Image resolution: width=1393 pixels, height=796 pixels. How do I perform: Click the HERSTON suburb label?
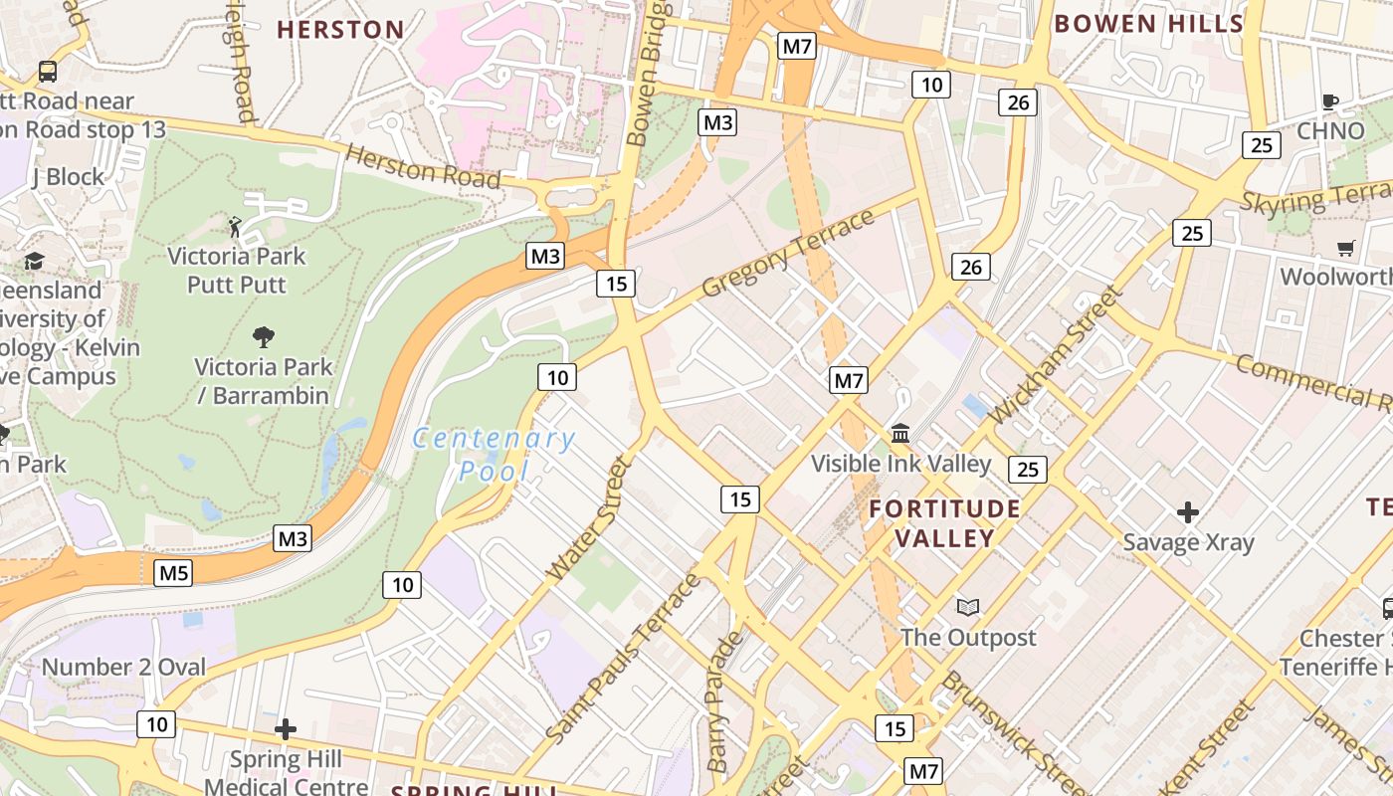tap(340, 30)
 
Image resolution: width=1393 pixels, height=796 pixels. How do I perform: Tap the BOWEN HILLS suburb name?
tap(1148, 24)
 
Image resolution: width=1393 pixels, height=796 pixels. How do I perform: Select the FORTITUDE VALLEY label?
tap(944, 523)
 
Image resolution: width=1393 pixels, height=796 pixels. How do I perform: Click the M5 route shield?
tap(173, 573)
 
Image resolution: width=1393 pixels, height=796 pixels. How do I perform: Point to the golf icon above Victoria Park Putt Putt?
tap(235, 226)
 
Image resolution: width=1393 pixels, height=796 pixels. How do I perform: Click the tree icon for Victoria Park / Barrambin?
tap(264, 336)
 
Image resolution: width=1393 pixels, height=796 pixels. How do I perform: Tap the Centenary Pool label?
tap(494, 453)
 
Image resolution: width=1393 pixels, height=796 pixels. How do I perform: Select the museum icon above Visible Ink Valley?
tap(901, 433)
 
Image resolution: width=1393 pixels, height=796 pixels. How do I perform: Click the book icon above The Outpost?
tap(967, 607)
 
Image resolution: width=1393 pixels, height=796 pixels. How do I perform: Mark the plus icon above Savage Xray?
tap(1188, 512)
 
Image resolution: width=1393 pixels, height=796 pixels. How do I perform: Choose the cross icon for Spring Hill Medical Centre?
tap(286, 729)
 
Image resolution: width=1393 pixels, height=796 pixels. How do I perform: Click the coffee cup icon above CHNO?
tap(1330, 100)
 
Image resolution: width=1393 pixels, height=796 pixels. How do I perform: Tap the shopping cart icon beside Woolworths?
tap(1345, 248)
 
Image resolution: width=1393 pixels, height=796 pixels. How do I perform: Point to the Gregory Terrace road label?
tap(787, 253)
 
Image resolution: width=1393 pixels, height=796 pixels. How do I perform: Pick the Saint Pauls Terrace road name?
tap(624, 658)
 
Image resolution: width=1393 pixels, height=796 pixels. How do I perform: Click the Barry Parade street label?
tap(723, 702)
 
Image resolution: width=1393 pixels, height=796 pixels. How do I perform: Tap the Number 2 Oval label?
tap(123, 667)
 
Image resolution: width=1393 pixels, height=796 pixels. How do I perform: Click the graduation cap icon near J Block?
tap(35, 261)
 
